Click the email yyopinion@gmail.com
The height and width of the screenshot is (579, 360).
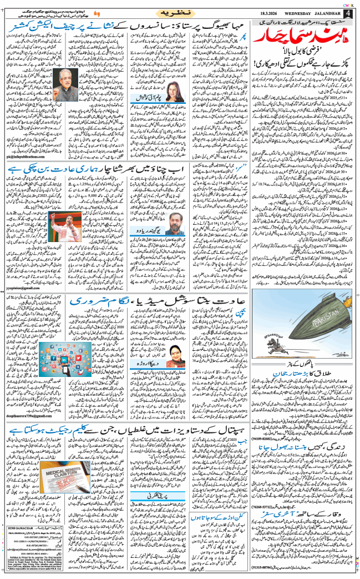24,288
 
